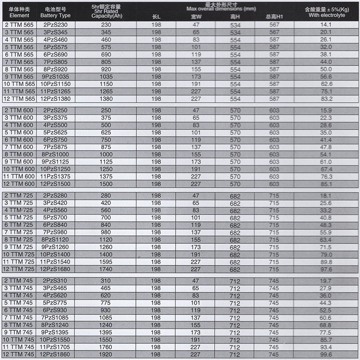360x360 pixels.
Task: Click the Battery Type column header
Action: [57, 12]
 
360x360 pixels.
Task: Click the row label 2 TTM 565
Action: [19, 24]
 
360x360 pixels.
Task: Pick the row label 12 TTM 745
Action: [19, 355]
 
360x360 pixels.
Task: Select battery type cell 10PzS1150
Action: [57, 84]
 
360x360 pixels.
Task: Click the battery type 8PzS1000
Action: [57, 155]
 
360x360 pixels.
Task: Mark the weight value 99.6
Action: [326, 355]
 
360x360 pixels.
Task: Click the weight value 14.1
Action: [326, 24]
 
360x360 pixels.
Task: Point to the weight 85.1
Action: [326, 184]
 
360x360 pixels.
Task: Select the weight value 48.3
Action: [326, 225]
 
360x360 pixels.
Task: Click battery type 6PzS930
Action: [57, 311]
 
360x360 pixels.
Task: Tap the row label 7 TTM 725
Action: [19, 232]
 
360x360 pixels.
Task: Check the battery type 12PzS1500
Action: [57, 184]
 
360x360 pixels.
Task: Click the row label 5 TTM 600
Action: [19, 132]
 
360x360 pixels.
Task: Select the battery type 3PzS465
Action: [57, 288]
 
